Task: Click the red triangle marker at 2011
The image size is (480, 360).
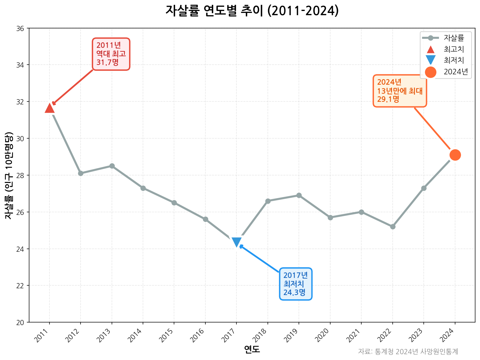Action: click(x=49, y=108)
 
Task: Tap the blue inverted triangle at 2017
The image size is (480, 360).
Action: click(x=236, y=242)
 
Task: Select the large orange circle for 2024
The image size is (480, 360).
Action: click(x=455, y=155)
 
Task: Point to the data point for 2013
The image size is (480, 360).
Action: click(x=112, y=166)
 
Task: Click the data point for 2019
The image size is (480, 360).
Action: click(x=299, y=196)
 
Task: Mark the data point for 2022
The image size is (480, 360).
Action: click(x=393, y=227)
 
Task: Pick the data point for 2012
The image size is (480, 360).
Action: click(x=81, y=173)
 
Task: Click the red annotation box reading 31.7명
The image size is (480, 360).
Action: click(x=111, y=54)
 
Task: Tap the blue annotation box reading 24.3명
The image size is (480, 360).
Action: click(x=296, y=284)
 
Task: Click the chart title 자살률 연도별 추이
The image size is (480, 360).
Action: click(x=252, y=11)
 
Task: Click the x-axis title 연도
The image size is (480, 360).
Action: click(x=252, y=349)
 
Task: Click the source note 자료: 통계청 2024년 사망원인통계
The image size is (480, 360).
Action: click(x=408, y=352)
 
